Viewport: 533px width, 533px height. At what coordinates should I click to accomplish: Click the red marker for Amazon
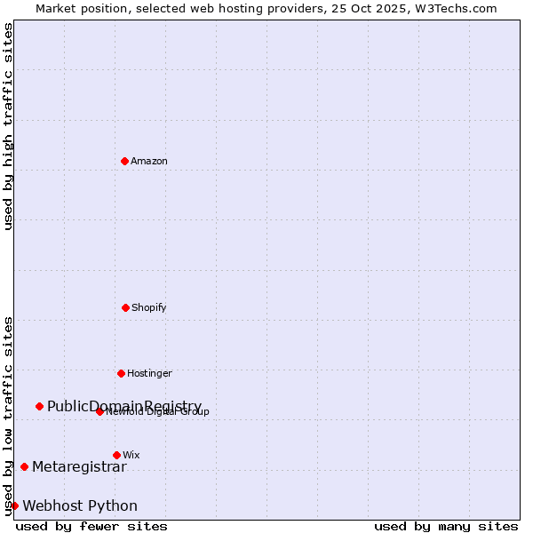[124, 161]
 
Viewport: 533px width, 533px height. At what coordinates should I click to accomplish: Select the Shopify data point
[125, 307]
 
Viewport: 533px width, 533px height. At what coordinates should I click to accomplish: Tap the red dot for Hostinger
[121, 373]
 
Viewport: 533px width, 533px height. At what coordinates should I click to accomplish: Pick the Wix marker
[116, 455]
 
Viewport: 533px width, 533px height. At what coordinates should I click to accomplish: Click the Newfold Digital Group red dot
[99, 411]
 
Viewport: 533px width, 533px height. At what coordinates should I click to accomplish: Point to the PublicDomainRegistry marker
[39, 406]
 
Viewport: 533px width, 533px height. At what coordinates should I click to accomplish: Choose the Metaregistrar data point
[24, 466]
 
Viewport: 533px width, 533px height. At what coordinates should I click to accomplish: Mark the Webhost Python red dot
[14, 505]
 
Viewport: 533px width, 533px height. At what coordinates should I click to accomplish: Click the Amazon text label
[149, 161]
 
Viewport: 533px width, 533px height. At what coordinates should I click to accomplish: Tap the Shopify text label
[149, 307]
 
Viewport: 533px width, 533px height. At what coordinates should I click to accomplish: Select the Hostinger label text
[149, 373]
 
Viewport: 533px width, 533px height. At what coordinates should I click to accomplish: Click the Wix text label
[131, 455]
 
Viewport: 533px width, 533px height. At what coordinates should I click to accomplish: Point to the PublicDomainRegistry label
[124, 406]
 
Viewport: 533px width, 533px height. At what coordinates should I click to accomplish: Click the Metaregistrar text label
[79, 466]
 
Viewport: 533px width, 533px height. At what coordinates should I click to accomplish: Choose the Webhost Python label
[80, 505]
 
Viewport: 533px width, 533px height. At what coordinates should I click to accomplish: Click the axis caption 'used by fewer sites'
[91, 526]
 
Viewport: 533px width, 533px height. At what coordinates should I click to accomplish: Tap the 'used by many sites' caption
[446, 526]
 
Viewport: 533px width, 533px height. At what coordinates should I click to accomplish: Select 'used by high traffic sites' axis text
[8, 126]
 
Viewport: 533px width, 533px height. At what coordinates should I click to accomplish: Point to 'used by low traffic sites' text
[8, 416]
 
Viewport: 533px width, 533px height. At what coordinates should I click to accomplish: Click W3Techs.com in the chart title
[454, 8]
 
